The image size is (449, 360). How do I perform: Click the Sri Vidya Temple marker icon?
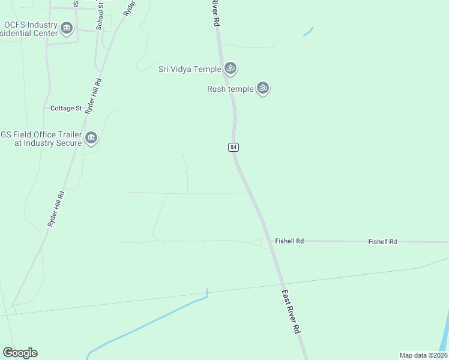click(231, 68)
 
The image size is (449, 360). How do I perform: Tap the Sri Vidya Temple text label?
click(190, 69)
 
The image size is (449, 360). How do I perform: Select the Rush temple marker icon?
click(262, 88)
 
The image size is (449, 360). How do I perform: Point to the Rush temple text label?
click(230, 89)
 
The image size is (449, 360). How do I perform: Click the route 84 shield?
click(234, 148)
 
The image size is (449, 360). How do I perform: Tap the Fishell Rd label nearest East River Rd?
click(289, 241)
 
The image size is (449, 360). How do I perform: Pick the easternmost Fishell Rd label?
click(382, 241)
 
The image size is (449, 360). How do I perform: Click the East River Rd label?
click(290, 312)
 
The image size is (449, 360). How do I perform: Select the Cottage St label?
click(66, 109)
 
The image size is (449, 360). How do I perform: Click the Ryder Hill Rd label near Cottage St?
click(94, 96)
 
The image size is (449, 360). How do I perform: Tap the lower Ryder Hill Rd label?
click(56, 208)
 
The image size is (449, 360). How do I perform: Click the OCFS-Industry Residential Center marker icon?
click(67, 28)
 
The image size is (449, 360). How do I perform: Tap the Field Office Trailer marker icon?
click(91, 139)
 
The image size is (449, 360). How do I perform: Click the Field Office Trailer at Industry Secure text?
click(41, 139)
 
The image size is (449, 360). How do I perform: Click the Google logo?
click(20, 353)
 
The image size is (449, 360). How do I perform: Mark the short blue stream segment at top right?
click(309, 31)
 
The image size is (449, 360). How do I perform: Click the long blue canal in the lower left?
click(150, 325)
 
